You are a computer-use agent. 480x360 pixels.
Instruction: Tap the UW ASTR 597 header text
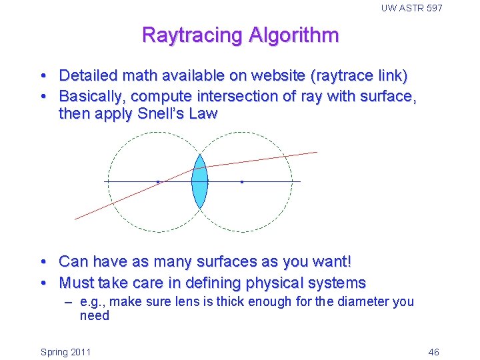pyautogui.click(x=411, y=8)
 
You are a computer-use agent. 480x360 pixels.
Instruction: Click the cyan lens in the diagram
pyautogui.click(x=199, y=181)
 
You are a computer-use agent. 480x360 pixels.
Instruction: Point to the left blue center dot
pyautogui.click(x=157, y=181)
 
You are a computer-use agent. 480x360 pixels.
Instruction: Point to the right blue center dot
pyautogui.click(x=241, y=181)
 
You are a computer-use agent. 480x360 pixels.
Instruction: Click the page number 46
pyautogui.click(x=433, y=352)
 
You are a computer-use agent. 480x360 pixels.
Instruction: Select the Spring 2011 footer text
pyautogui.click(x=66, y=352)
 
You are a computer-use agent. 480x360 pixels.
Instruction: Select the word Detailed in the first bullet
pyautogui.click(x=87, y=76)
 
